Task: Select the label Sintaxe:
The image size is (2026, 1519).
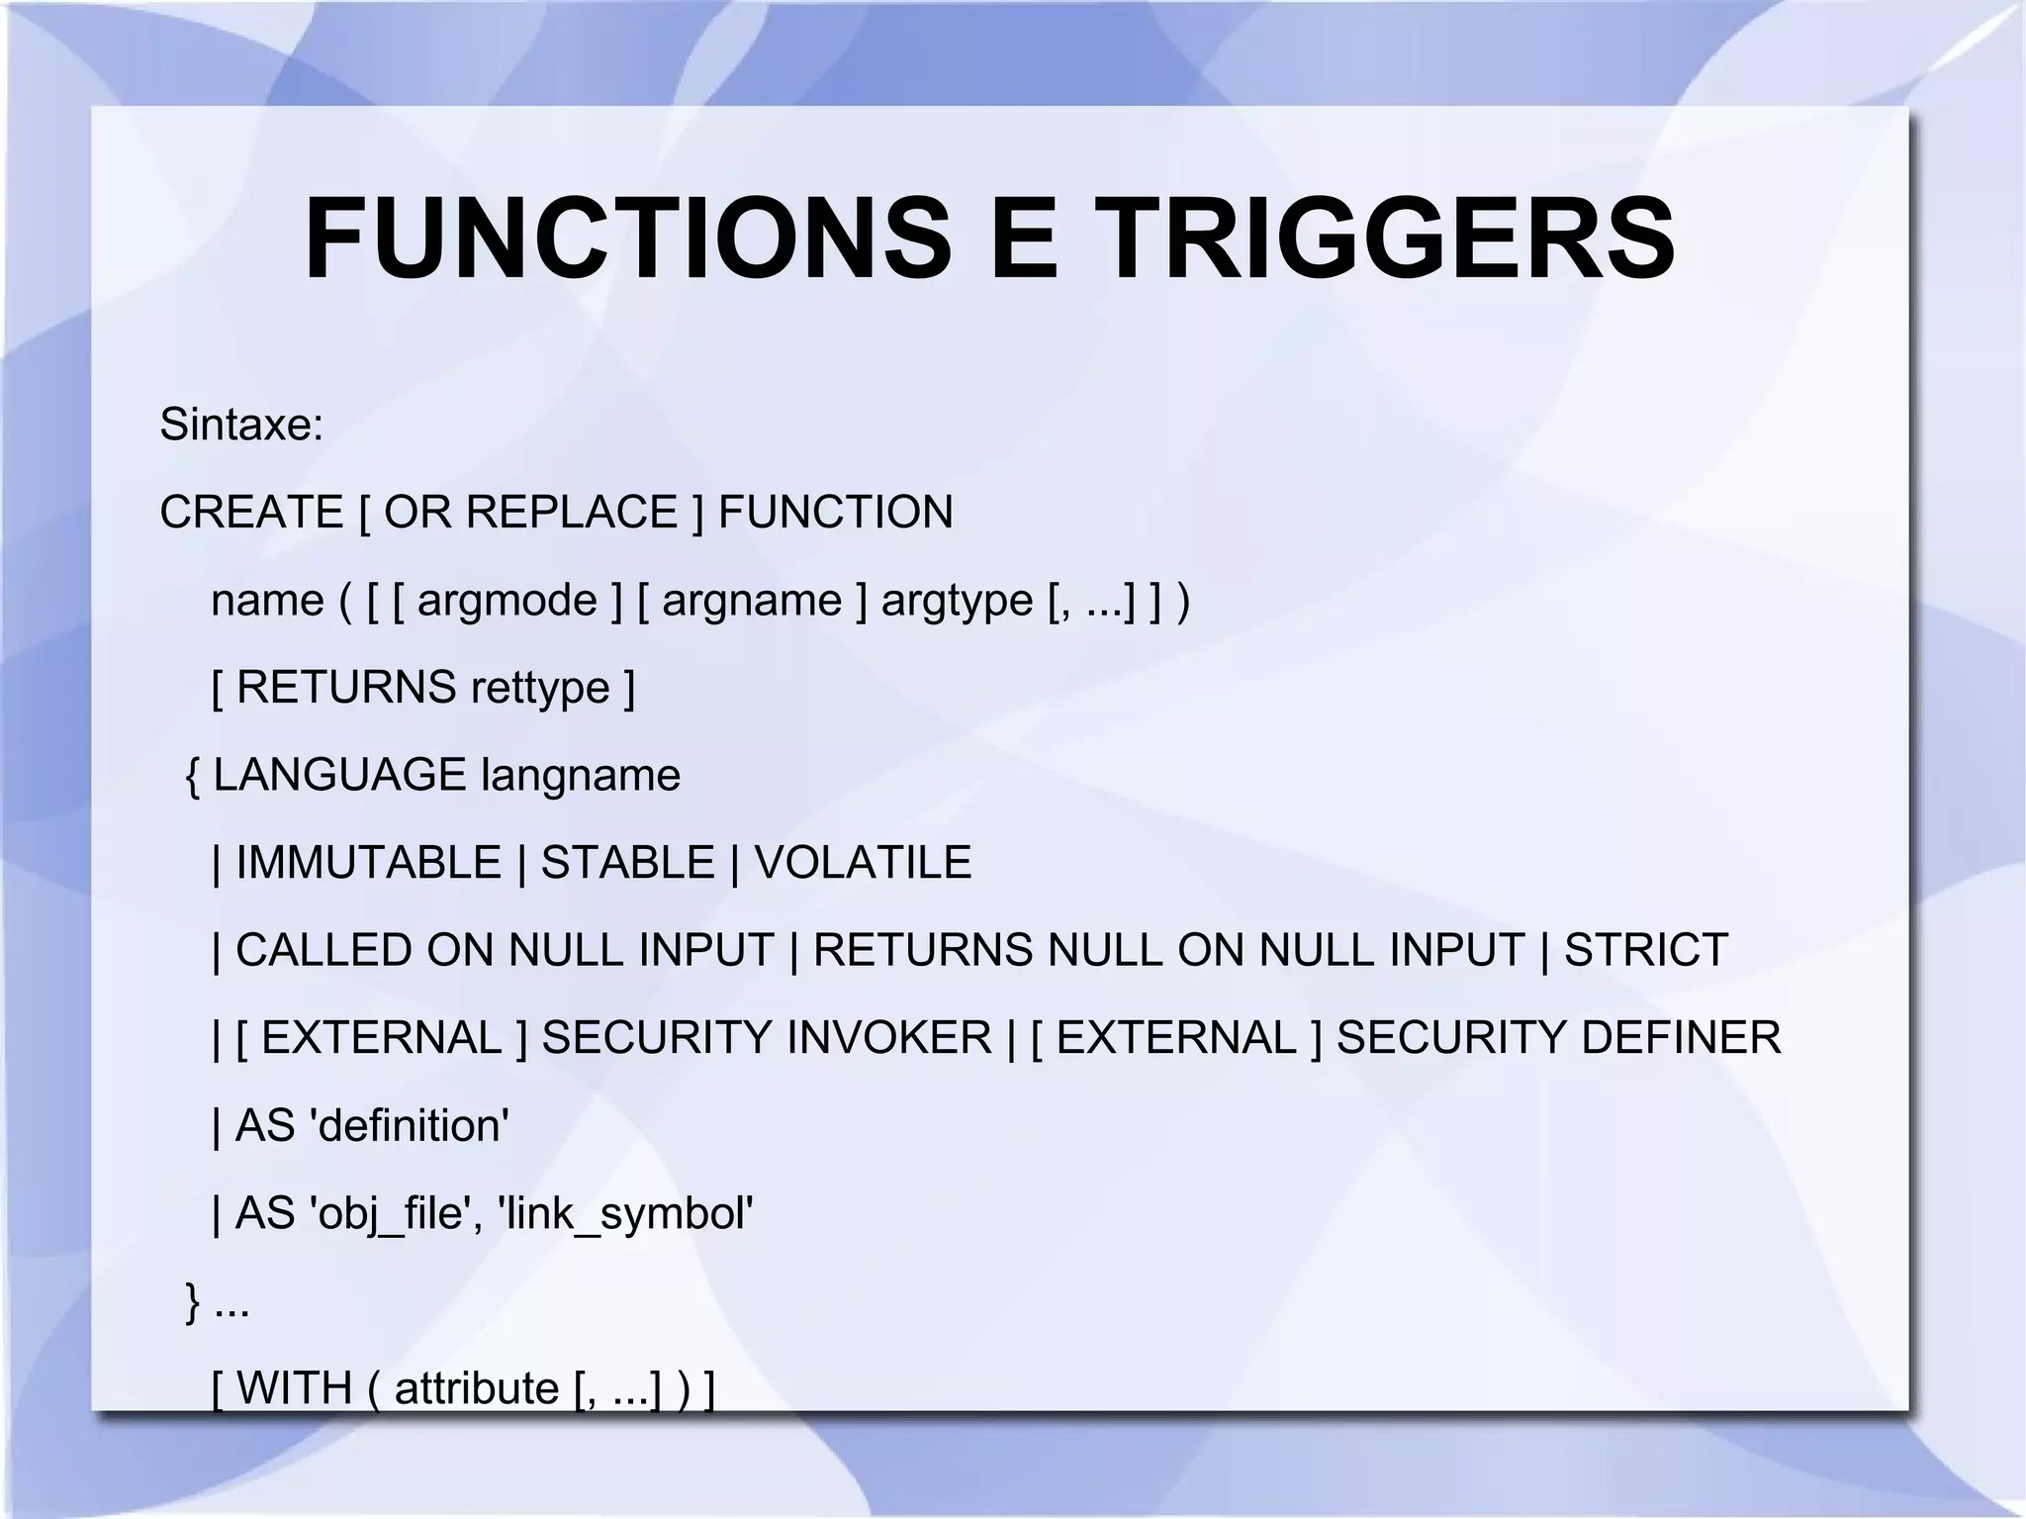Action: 241,425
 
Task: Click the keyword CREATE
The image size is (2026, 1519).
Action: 251,513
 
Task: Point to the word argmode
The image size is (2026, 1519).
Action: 507,601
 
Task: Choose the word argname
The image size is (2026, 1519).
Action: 752,601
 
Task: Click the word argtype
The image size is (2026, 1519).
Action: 957,601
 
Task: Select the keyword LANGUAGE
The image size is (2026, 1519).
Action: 339,775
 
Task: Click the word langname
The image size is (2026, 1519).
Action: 581,775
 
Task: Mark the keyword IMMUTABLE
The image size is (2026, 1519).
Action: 368,863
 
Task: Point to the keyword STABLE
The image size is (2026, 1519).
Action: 627,863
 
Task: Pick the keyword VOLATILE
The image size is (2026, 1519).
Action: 863,863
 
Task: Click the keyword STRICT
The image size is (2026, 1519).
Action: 1646,950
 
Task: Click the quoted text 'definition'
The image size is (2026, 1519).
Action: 410,1126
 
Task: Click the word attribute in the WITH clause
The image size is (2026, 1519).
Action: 477,1387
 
